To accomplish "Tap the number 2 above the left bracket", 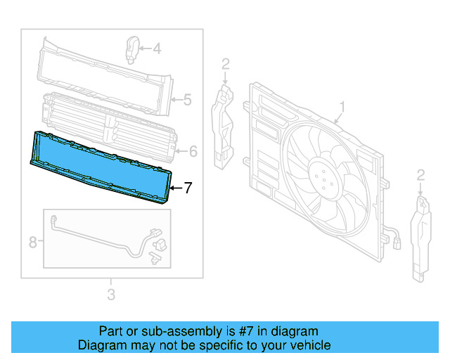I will (x=225, y=65).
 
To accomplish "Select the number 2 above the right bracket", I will (x=420, y=174).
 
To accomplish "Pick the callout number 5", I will (x=187, y=100).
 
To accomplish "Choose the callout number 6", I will (x=193, y=150).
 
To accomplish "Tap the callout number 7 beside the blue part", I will (x=188, y=188).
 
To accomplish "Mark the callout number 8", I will (x=32, y=243).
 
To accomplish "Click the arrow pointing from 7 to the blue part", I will (x=176, y=188).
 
